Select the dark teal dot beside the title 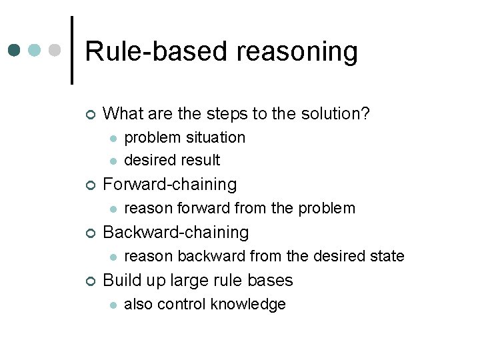[14, 51]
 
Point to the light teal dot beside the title [35, 51]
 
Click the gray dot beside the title [55, 51]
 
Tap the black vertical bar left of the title [72, 50]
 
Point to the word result [201, 160]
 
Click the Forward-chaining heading [170, 185]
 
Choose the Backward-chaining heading [176, 233]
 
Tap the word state [387, 256]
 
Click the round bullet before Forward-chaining [90, 185]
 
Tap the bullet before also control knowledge [113, 305]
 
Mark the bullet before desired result [113, 161]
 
